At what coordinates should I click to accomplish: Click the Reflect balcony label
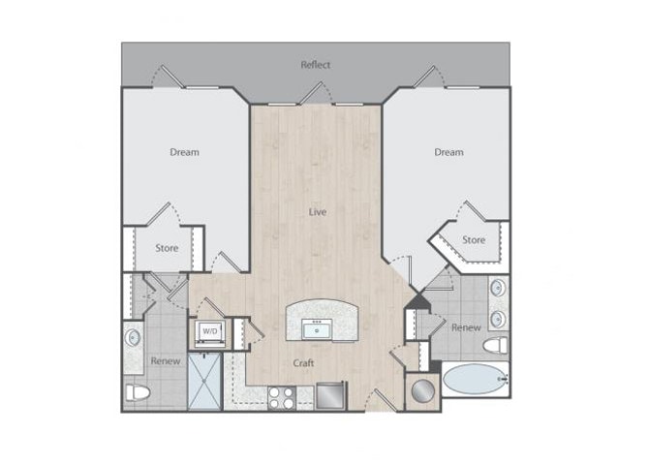point(315,65)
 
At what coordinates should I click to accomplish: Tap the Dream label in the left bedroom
point(184,152)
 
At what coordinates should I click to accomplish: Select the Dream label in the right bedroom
point(448,152)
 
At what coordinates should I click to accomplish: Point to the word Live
point(317,211)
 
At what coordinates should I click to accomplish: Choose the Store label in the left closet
point(168,248)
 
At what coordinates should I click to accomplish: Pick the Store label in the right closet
point(473,239)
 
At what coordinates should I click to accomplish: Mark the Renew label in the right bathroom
point(466,327)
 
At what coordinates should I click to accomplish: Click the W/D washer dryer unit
point(209,330)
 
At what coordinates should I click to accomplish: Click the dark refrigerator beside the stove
point(330,395)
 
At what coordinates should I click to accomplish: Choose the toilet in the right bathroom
point(496,346)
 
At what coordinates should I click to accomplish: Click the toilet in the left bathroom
point(138,392)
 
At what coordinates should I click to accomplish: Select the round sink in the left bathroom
point(133,337)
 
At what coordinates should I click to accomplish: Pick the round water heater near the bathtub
point(422,390)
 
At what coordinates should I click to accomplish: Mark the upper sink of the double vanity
point(498,288)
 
